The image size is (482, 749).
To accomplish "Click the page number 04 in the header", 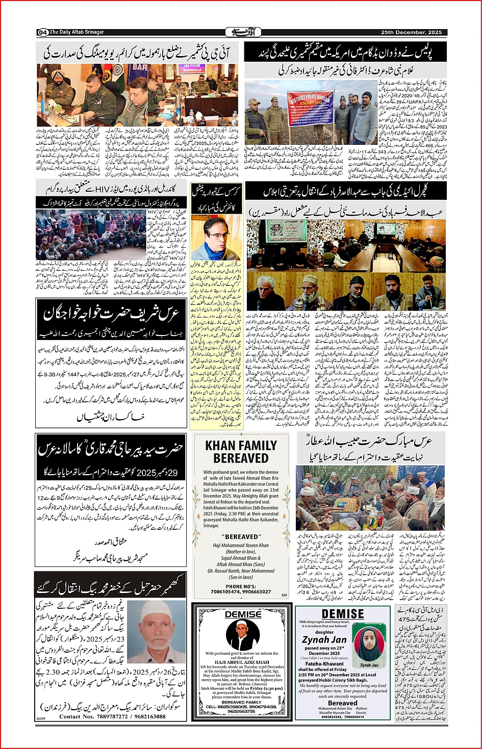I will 43,32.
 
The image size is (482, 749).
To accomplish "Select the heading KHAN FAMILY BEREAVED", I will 241,452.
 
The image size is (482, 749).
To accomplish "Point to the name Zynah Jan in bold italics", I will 324,639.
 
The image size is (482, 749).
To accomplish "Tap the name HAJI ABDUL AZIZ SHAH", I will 242,662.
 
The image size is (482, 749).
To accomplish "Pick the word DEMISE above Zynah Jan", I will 343,613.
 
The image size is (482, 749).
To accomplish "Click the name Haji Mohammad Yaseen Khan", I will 241,545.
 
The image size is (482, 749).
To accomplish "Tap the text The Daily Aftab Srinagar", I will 77,32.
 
